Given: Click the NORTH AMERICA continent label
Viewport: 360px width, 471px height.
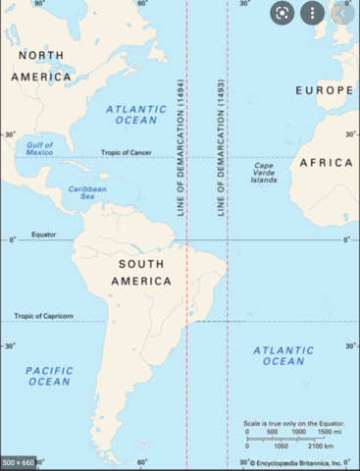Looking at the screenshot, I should [x=40, y=65].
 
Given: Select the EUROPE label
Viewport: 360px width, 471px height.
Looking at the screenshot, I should [x=323, y=90].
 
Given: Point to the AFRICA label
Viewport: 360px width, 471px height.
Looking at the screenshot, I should [x=326, y=162].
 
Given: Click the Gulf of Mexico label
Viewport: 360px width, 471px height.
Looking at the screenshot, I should [x=39, y=148].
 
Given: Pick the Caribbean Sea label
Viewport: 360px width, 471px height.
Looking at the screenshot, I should [x=87, y=192].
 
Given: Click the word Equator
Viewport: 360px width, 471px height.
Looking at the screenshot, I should [x=43, y=235].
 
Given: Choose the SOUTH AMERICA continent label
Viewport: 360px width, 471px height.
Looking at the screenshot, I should [x=145, y=272].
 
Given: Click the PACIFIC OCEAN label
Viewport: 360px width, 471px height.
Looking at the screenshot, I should [x=48, y=375].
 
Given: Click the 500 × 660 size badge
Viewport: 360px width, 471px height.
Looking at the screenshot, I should [x=19, y=462].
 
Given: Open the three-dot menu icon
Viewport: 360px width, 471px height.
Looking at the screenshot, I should [x=312, y=14].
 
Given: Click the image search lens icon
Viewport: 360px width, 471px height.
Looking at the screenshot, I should [x=282, y=14].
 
